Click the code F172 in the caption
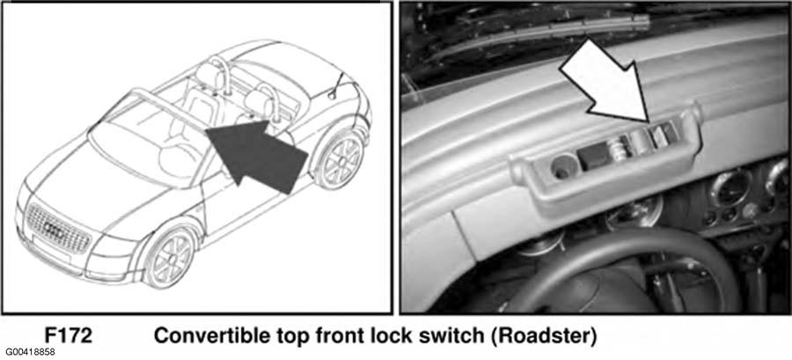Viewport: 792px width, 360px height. point(69,335)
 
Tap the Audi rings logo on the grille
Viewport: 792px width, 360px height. point(54,228)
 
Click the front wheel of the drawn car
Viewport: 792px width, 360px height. point(169,258)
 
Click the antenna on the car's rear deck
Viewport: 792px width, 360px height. point(336,87)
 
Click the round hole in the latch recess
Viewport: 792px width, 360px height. point(561,166)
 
